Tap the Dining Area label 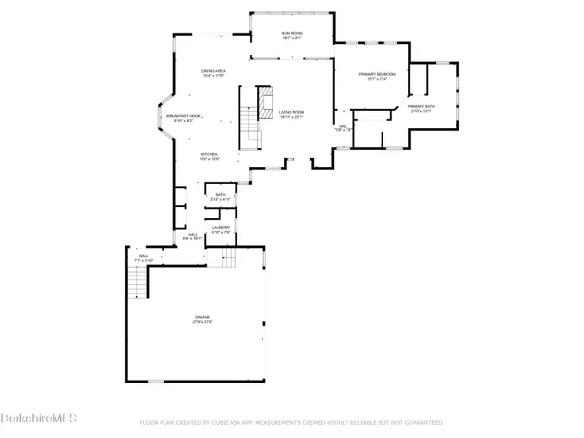click(215, 73)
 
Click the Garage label click(201, 320)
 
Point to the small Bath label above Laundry click(221, 198)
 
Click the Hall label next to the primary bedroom click(344, 128)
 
